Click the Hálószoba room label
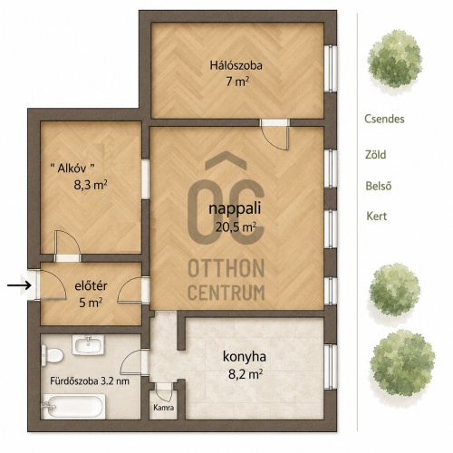click(x=236, y=65)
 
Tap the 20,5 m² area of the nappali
click(x=236, y=226)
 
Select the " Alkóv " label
click(x=72, y=168)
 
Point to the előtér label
click(x=91, y=286)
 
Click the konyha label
click(x=245, y=357)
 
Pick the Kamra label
click(x=164, y=408)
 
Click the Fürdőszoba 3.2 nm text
click(x=90, y=381)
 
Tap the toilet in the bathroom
click(x=52, y=355)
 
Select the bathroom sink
click(x=88, y=344)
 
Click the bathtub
click(x=73, y=407)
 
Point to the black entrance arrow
click(x=19, y=285)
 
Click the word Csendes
click(x=384, y=119)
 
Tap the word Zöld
click(x=376, y=155)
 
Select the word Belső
click(x=379, y=186)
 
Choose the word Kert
click(x=377, y=216)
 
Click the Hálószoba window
click(x=331, y=69)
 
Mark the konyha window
click(x=331, y=367)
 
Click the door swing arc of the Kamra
click(x=162, y=396)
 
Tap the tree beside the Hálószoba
click(x=395, y=60)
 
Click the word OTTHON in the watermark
click(x=226, y=268)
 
